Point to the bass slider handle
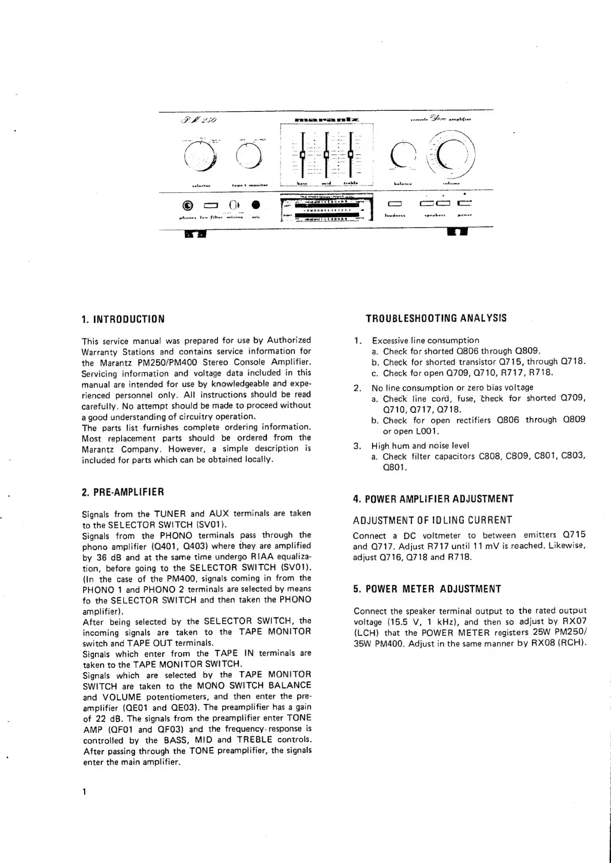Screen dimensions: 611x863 (303, 154)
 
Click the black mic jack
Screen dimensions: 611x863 (255, 205)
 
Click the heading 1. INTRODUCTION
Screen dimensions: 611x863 (123, 319)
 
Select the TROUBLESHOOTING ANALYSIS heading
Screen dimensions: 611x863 (436, 318)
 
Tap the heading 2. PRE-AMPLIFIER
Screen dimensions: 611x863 (123, 492)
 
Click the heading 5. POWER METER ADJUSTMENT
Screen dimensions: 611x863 (427, 589)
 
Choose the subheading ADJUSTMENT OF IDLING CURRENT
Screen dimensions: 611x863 (432, 520)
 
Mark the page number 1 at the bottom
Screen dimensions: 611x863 (84, 806)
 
